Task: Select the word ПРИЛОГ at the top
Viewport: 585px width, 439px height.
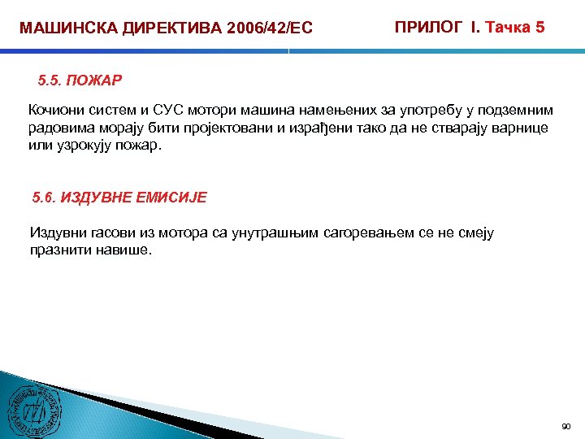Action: (429, 27)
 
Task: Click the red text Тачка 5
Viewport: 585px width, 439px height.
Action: (515, 27)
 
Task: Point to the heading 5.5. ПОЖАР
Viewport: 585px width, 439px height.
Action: (80, 81)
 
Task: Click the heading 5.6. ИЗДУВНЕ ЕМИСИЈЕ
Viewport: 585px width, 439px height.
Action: (119, 197)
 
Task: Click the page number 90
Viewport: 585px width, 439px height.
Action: (566, 426)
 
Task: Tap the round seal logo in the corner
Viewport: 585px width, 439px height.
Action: (32, 411)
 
